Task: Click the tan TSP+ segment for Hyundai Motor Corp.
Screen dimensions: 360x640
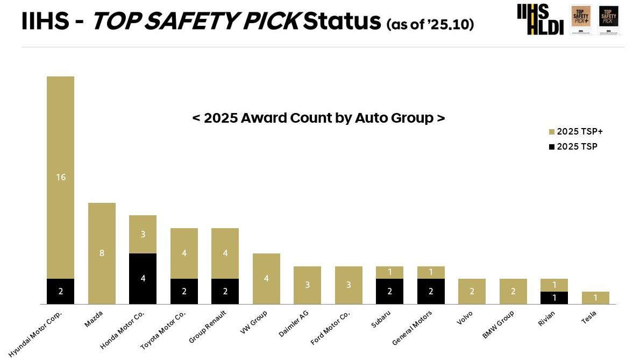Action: (x=60, y=177)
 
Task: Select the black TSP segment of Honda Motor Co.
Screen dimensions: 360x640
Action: (x=143, y=278)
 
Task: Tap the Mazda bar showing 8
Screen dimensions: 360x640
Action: (x=102, y=253)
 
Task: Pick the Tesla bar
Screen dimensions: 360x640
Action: (x=595, y=298)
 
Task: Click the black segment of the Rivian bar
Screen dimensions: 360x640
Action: (x=554, y=298)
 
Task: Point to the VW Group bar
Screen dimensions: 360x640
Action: (x=266, y=278)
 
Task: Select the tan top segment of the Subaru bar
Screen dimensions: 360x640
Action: (x=389, y=272)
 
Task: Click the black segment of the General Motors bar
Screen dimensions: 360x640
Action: (x=430, y=291)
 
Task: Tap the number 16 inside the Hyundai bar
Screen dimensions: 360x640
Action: (x=61, y=177)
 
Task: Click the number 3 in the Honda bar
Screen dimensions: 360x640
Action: (x=143, y=234)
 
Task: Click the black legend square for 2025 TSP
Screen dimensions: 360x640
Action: (x=551, y=147)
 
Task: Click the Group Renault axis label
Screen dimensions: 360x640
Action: (x=208, y=326)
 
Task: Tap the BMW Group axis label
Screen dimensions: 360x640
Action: (x=497, y=325)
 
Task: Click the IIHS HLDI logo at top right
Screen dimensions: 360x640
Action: (x=540, y=19)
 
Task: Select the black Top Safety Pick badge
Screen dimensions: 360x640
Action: (x=609, y=20)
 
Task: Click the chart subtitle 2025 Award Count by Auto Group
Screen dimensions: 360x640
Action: (x=318, y=118)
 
